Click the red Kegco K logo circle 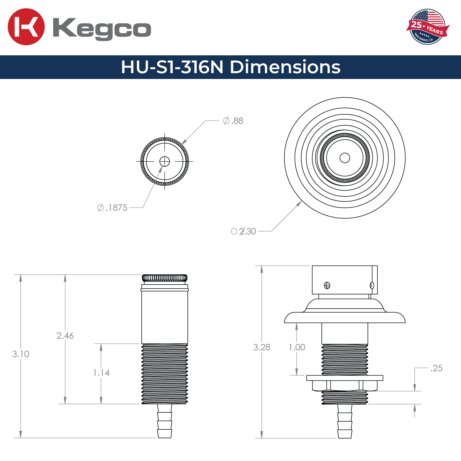coord(26,27)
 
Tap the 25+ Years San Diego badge coord(428,27)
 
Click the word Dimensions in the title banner coord(285,67)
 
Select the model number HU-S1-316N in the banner coord(172,67)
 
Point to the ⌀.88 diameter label coord(233,121)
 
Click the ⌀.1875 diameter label coord(112,208)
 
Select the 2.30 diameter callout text coord(244,231)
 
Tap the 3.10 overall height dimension coord(21,354)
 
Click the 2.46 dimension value coord(65,336)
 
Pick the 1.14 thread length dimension coord(101,373)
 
